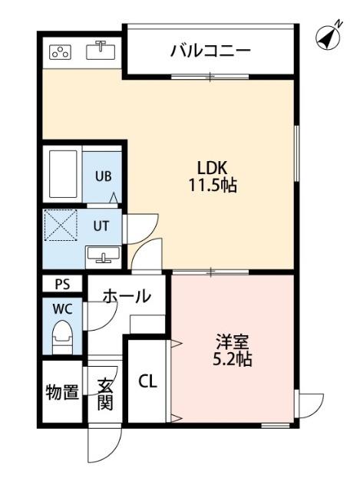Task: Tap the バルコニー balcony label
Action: (x=210, y=51)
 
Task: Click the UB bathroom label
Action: (x=103, y=176)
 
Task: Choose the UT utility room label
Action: (x=102, y=226)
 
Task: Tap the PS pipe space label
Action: (x=61, y=284)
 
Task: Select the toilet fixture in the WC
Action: (x=61, y=336)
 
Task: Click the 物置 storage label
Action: (x=61, y=394)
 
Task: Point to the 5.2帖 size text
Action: (x=232, y=359)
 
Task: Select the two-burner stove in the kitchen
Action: (x=60, y=52)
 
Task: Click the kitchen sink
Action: (x=101, y=51)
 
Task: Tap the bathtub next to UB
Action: (x=63, y=174)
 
